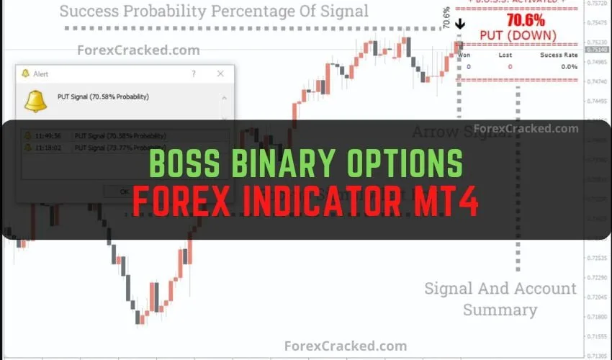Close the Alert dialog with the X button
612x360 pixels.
pos(220,73)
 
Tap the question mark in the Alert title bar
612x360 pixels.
pos(193,73)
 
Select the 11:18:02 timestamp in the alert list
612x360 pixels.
pos(48,147)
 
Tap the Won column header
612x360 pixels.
pos(464,55)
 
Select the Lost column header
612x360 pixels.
pos(505,55)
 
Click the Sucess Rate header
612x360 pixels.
pos(559,55)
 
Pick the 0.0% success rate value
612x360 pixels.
pos(569,66)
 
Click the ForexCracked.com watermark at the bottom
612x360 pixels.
pos(346,346)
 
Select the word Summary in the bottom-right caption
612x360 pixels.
pos(500,310)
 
